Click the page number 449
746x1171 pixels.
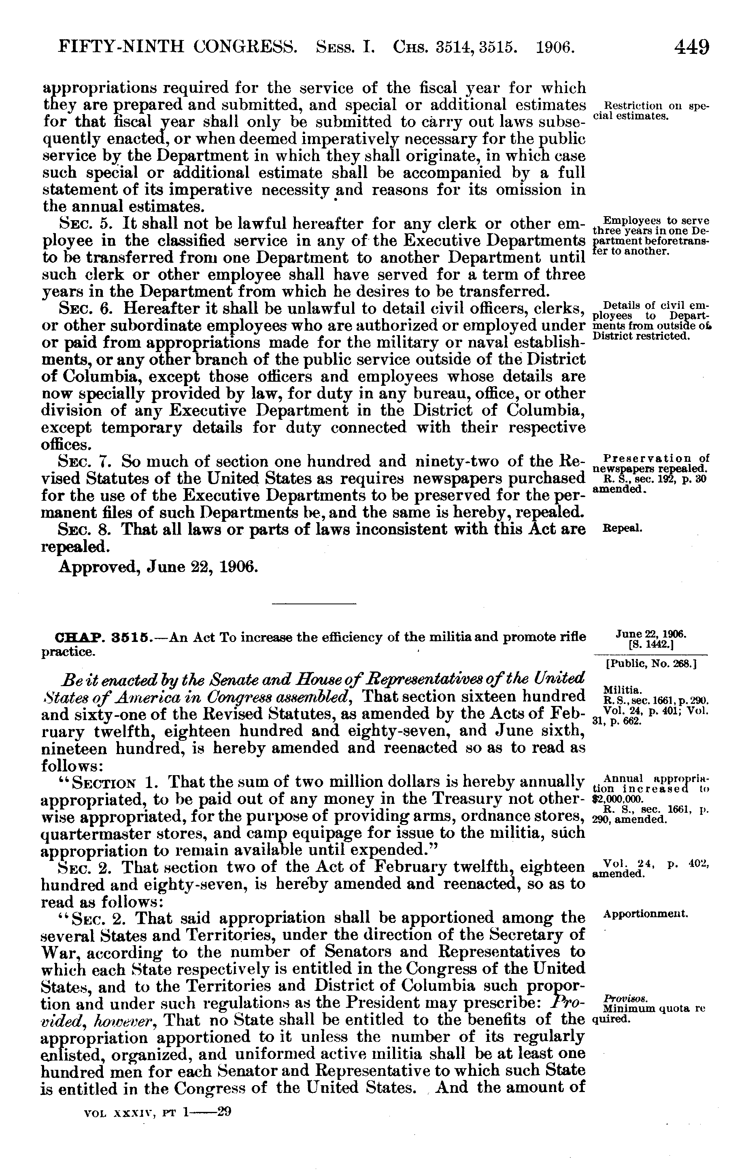tap(691, 48)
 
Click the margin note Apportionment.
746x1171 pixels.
tap(645, 914)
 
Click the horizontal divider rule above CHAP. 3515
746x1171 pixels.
tap(314, 604)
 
